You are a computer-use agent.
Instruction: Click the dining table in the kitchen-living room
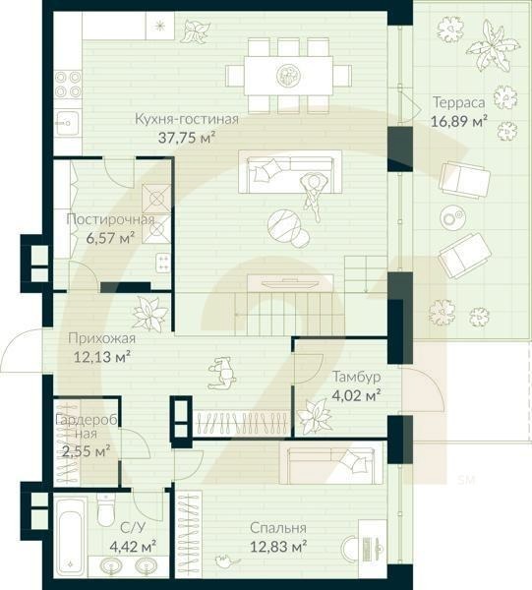coord(288,75)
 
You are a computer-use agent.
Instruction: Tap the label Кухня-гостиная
coord(187,120)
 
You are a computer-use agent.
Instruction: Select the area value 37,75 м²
coord(186,138)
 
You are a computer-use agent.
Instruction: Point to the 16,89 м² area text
coord(459,122)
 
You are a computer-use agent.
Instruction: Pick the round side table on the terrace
coord(453,217)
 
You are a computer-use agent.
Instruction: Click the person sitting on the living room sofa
coord(313,190)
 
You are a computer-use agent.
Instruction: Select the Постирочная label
coord(109,219)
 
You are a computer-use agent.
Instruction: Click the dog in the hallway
coord(221,373)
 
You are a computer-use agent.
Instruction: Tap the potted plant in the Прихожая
coord(150,315)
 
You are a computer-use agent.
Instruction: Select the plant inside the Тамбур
coord(316,415)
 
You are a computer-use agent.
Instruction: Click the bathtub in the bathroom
coord(70,539)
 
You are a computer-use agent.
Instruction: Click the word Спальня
coord(277,528)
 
